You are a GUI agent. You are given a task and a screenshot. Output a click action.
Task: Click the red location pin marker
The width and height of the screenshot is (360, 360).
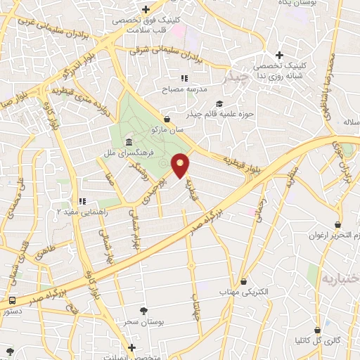(181, 165)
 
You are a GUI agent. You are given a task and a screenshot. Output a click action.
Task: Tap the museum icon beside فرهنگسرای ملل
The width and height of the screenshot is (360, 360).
(128, 143)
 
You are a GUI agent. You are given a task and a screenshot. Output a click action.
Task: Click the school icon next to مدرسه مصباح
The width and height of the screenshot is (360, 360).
(184, 78)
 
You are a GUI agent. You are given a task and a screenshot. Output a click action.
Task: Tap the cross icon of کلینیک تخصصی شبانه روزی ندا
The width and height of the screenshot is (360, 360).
(279, 55)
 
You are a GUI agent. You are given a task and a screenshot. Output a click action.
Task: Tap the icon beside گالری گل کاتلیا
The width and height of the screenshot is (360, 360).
(319, 330)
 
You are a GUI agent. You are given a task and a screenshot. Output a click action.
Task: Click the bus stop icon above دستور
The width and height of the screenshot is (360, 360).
(12, 300)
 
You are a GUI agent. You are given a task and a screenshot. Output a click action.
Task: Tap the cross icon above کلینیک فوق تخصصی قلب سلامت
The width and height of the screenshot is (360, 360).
(146, 9)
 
